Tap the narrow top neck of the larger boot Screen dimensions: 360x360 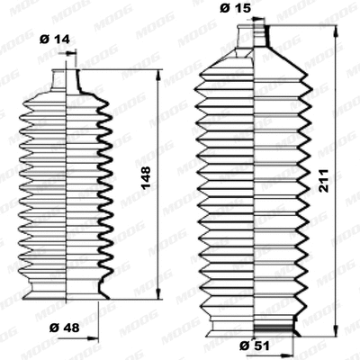point(256,36)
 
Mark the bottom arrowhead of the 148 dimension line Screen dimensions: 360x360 point(159,295)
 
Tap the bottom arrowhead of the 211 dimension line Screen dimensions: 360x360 point(335,329)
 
